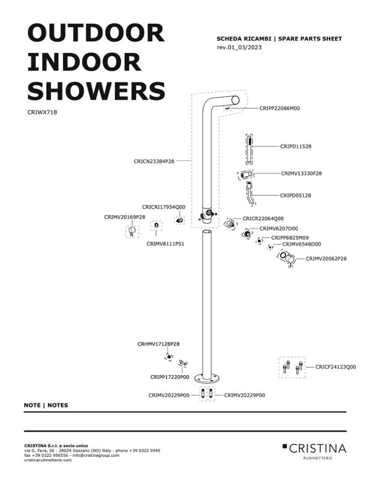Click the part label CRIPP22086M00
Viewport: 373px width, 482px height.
[x=279, y=108]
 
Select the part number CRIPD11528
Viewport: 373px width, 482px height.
[x=295, y=147]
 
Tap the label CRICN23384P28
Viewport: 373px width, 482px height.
[x=154, y=162]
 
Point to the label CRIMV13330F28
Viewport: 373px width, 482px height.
[x=301, y=173]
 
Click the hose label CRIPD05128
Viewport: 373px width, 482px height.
[x=295, y=195]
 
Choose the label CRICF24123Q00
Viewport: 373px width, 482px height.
[x=336, y=367]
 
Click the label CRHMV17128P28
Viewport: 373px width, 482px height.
[x=158, y=344]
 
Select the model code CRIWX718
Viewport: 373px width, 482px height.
[x=42, y=112]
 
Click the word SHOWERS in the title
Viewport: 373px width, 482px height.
[x=96, y=91]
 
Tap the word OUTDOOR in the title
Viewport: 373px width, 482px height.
[x=96, y=33]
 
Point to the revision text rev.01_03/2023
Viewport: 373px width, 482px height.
[x=239, y=47]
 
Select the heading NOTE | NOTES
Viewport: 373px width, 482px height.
[x=46, y=405]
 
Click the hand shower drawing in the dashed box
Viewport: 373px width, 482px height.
[x=249, y=150]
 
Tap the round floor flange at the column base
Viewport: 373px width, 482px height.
[x=207, y=377]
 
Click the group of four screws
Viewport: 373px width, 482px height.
[x=292, y=367]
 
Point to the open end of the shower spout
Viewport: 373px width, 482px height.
[x=235, y=100]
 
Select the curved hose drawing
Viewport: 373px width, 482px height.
[x=251, y=194]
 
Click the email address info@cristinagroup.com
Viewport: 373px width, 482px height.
[x=96, y=455]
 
